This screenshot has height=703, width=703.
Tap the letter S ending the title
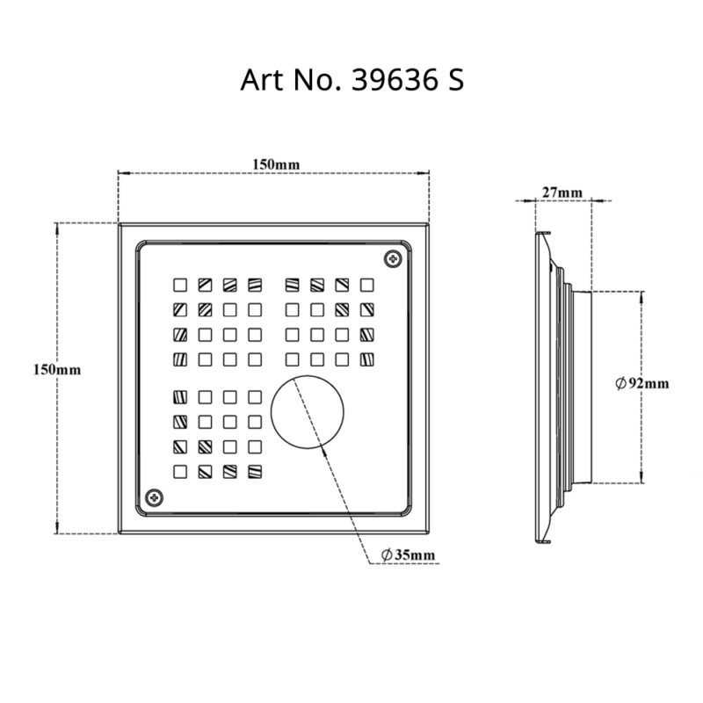click(x=454, y=80)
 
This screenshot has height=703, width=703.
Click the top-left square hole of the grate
click(x=179, y=284)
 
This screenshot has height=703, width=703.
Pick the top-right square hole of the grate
click(x=367, y=284)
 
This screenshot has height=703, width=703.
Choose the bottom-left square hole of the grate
click(x=179, y=470)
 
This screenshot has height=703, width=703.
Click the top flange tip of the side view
click(x=542, y=234)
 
